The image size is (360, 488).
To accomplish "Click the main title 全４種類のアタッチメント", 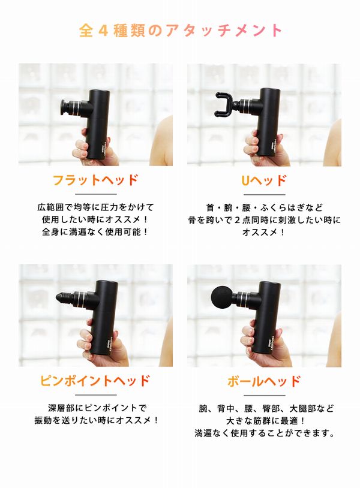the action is tap(180, 30).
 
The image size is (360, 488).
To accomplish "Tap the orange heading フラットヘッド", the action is tap(95, 180).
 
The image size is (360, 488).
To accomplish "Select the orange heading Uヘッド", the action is tap(264, 180).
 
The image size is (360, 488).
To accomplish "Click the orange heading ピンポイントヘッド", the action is tap(95, 381).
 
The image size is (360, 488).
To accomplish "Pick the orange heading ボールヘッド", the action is tap(264, 381).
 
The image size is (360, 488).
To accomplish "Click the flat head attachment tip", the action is tap(66, 107).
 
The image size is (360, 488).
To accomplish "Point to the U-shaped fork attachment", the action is tap(224, 104).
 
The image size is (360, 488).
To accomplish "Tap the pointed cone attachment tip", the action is tap(64, 298).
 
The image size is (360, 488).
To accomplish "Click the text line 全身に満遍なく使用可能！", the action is tap(95, 232).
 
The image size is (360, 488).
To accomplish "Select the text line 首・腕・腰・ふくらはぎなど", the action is tap(264, 207).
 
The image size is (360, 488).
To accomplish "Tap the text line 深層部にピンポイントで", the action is tap(97, 408).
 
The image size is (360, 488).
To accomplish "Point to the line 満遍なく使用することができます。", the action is tap(265, 433).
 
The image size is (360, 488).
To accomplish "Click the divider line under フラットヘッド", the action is tap(95, 194).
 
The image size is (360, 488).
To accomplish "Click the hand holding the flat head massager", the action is tap(94, 146).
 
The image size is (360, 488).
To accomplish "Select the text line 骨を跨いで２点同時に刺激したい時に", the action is tap(264, 220).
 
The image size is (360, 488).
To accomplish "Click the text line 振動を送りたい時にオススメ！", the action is tap(97, 420).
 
